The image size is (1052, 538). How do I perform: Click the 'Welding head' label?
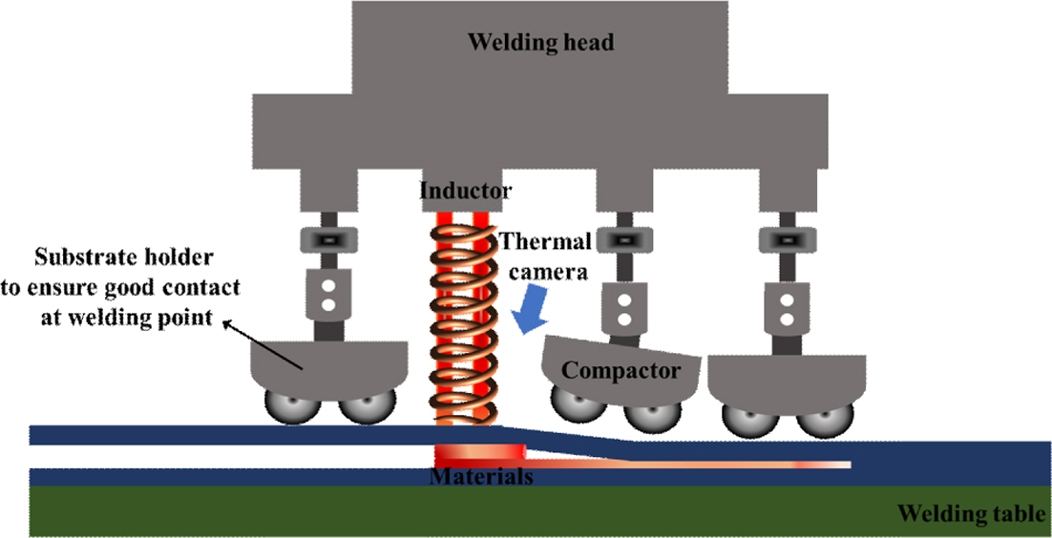(x=539, y=43)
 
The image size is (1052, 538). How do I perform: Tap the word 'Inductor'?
(x=466, y=191)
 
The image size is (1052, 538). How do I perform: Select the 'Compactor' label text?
(x=620, y=370)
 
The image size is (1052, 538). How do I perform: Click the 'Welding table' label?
(x=971, y=515)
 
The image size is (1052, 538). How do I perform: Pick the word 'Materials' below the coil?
(x=480, y=475)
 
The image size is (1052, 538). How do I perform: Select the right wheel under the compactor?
(x=650, y=412)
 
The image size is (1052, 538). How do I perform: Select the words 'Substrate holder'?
(x=123, y=258)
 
